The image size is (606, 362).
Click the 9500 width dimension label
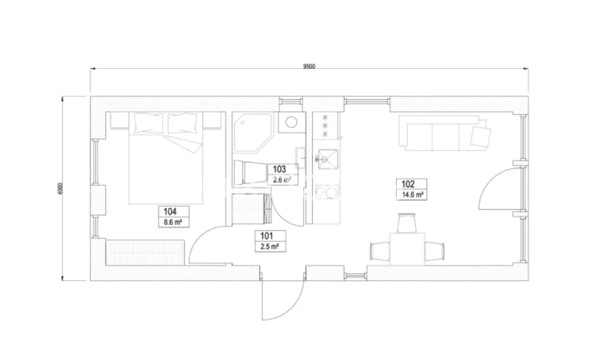(x=309, y=66)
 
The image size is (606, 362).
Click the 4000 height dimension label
(x=60, y=189)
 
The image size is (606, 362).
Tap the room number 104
(x=170, y=211)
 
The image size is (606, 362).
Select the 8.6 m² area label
(x=173, y=223)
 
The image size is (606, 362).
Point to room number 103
(x=280, y=169)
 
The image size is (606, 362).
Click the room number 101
(x=267, y=236)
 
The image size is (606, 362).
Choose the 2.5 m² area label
(x=270, y=246)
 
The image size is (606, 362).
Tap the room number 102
(x=408, y=184)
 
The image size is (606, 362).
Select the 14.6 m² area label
(x=412, y=195)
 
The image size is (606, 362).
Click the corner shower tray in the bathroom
(x=254, y=133)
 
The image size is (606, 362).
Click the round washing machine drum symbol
(x=292, y=123)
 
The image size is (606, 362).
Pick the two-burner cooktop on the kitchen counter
(x=327, y=192)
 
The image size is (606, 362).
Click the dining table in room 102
(x=407, y=249)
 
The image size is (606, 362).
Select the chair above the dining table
(x=407, y=223)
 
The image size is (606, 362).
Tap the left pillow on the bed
(x=148, y=123)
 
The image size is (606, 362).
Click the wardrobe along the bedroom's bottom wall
(x=145, y=253)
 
